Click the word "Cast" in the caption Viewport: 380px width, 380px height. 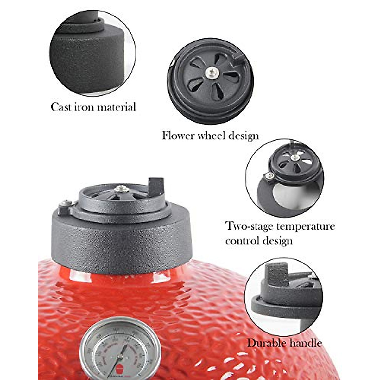coord(61,107)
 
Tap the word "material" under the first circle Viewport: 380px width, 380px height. coord(116,107)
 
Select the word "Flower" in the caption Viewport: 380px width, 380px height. coord(178,136)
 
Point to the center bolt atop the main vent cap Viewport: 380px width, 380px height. coord(121,189)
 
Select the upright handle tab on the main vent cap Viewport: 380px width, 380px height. coord(156,187)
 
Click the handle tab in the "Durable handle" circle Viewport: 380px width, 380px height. coord(275,274)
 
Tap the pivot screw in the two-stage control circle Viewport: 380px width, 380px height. coord(270,176)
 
